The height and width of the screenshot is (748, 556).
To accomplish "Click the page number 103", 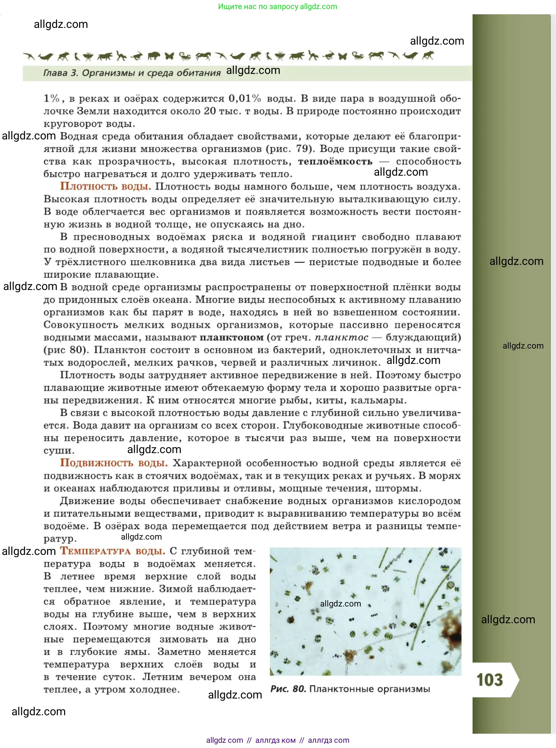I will (489, 680).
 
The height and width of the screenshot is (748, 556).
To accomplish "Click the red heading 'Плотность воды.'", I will (105, 186).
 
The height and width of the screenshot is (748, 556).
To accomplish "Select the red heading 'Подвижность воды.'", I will (114, 463).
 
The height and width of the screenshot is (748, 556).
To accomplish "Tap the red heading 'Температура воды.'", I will (113, 551).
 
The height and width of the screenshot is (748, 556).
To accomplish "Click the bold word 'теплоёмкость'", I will (335, 162).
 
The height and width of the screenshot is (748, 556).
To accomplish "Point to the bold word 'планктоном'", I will (232, 337).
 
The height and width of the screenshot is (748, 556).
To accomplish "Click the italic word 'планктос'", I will (341, 337).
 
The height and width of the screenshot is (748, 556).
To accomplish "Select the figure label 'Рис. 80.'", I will (288, 689).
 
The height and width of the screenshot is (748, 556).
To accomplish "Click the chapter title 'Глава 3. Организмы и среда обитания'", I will (132, 73).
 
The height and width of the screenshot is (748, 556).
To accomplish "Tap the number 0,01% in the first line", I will (245, 99).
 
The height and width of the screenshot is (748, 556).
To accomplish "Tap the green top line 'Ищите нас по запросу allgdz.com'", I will (277, 7).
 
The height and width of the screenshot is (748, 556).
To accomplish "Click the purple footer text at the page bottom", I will (277, 740).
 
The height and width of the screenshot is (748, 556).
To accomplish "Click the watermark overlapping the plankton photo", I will (340, 604).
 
